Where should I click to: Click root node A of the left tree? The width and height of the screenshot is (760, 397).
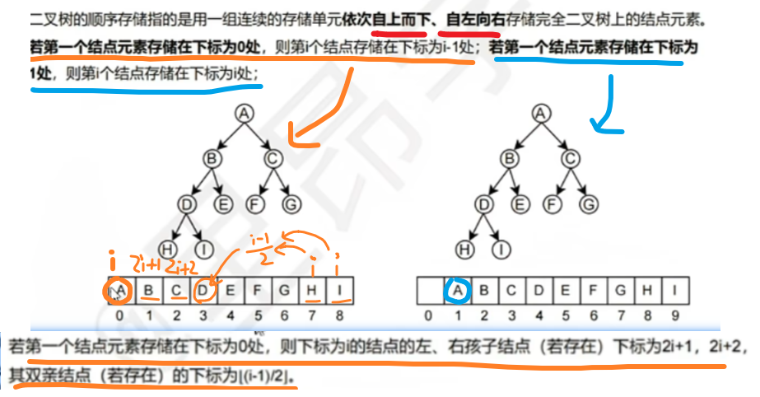click(x=242, y=114)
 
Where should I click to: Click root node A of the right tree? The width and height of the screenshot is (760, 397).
click(x=539, y=114)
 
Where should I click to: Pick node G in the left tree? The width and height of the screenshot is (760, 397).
click(x=291, y=202)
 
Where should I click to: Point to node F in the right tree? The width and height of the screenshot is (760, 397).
click(x=557, y=202)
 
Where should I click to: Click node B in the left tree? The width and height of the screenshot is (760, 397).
click(x=212, y=157)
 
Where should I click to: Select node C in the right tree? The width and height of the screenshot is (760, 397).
click(x=568, y=157)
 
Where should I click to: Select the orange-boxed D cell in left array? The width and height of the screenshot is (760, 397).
click(x=204, y=290)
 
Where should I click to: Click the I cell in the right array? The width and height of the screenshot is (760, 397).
click(x=675, y=290)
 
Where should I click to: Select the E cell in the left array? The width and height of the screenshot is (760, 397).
click(x=231, y=290)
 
